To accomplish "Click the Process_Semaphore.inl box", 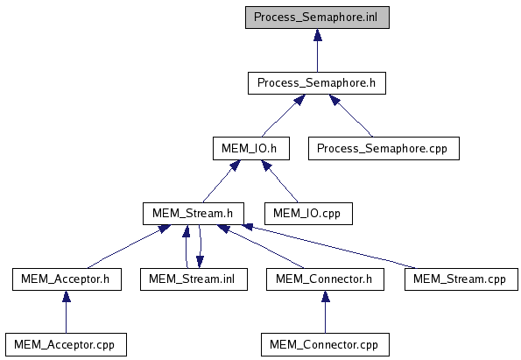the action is tap(317, 18).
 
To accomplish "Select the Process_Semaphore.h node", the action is tap(317, 83).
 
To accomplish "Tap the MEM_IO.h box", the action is tap(251, 148).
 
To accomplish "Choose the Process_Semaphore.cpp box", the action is tap(384, 148).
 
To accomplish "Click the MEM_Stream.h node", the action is tap(194, 214).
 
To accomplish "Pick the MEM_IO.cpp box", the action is tap(308, 214).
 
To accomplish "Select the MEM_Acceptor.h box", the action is tap(67, 279).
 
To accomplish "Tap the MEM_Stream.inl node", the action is tap(194, 279).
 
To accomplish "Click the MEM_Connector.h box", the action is tap(325, 279).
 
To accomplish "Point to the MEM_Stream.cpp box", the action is tap(461, 279).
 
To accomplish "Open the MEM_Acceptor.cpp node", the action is tap(66, 345).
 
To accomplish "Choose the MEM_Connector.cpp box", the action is tap(325, 345).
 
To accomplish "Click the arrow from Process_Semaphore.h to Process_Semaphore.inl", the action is tap(318, 50).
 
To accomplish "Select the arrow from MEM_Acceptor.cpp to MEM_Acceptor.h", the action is tap(67, 312).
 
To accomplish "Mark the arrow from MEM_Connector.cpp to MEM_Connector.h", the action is tap(325, 312).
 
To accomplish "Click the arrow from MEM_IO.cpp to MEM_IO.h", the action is tap(280, 180).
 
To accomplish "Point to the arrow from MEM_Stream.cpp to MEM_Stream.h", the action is tap(329, 246).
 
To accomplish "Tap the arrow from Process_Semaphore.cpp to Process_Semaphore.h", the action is tap(351, 116).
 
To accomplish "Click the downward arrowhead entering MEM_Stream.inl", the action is tap(200, 262).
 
